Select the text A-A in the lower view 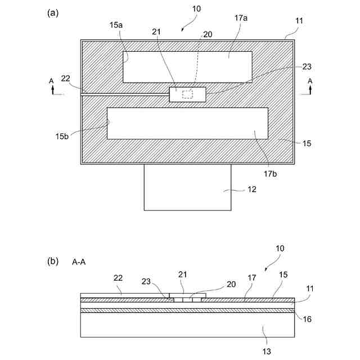coord(79,262)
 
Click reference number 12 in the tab coord(252,190)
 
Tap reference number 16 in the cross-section coord(307,319)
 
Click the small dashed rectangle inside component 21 coord(187,94)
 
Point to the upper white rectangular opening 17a coord(187,67)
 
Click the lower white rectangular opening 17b coord(187,124)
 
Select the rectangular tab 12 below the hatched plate coord(187,187)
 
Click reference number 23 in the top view coord(307,66)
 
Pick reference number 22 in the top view coord(66,78)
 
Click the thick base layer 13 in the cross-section coord(187,325)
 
